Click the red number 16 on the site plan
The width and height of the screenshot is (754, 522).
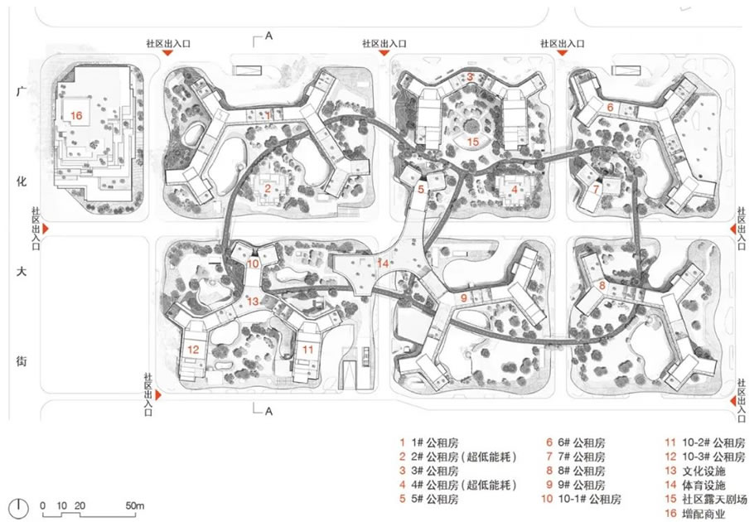pos(76,115)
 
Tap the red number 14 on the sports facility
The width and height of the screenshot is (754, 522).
pos(383,263)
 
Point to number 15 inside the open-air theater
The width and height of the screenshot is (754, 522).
pos(473,142)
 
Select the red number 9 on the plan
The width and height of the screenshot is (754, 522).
pos(463,298)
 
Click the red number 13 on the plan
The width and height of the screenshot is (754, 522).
pos(253,302)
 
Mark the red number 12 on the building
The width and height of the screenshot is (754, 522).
pos(193,350)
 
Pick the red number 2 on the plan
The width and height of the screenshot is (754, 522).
pos(268,189)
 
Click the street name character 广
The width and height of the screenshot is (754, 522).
pos(22,91)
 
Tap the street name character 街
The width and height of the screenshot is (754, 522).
pos(22,361)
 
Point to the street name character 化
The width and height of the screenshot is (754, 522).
pos(22,181)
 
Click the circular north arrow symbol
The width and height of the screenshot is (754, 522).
pos(19,507)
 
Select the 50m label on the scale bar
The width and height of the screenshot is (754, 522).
pos(134,505)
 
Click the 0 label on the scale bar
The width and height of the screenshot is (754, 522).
pos(43,505)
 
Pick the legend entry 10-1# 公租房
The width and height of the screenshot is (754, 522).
pos(581,499)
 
